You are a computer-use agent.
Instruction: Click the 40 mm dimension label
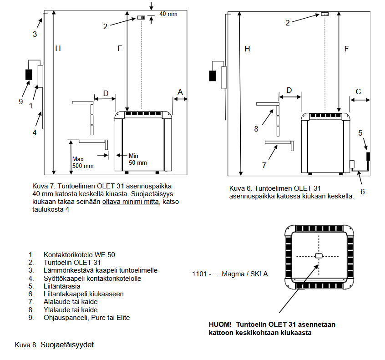(x=168, y=14)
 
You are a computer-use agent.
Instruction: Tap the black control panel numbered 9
(x=28, y=74)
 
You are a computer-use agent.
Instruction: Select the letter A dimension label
(x=180, y=92)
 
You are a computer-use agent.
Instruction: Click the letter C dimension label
(x=358, y=91)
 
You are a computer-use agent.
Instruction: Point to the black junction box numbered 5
(x=368, y=156)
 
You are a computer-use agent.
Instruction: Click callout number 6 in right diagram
(x=362, y=192)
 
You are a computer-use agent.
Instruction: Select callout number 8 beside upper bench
(x=256, y=129)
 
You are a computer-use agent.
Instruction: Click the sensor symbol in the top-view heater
(x=319, y=256)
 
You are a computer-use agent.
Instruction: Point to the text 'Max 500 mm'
(x=82, y=162)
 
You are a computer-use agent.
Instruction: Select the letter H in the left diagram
(x=58, y=49)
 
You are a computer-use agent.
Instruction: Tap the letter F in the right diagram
(x=346, y=49)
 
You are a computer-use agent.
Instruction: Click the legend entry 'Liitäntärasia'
(x=62, y=286)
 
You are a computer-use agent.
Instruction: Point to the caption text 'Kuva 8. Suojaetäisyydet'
(x=54, y=345)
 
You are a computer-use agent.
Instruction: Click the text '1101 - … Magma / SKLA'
(x=230, y=274)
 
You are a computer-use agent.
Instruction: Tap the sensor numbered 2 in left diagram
(x=141, y=18)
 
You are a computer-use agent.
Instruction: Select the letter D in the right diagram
(x=289, y=90)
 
